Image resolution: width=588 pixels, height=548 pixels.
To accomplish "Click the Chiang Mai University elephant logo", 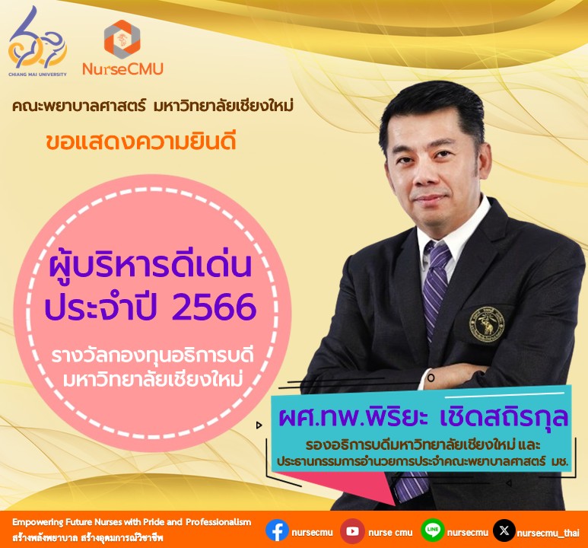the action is (x=37, y=41).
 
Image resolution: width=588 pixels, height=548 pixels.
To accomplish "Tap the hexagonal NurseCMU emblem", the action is (x=122, y=39).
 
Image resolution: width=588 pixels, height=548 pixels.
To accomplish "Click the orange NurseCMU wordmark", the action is (x=123, y=69).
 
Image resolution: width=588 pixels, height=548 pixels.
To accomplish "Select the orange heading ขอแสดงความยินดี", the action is (x=141, y=142).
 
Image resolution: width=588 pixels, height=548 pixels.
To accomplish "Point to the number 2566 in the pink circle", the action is (x=214, y=307).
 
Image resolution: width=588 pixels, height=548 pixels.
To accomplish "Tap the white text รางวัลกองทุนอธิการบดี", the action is (x=152, y=355).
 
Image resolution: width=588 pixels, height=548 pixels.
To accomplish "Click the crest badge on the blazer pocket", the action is (x=487, y=324).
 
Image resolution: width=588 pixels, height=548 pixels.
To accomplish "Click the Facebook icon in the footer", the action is (x=277, y=530).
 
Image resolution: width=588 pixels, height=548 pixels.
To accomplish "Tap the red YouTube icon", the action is (x=352, y=531).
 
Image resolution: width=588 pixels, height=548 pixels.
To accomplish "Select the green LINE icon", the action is (x=432, y=530).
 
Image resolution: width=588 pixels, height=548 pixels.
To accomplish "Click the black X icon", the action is (x=504, y=530).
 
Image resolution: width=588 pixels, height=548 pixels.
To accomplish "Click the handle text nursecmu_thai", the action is (x=548, y=533).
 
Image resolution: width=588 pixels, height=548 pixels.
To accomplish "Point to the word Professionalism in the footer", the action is (x=218, y=522).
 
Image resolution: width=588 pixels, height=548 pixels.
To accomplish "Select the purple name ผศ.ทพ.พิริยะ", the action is (x=353, y=418).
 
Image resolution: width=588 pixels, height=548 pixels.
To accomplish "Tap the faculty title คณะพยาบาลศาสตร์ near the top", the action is (x=78, y=106).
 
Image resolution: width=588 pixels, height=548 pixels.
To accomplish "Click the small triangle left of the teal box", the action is (x=259, y=425).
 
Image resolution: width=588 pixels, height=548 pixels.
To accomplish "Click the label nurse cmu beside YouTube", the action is (x=390, y=533).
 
